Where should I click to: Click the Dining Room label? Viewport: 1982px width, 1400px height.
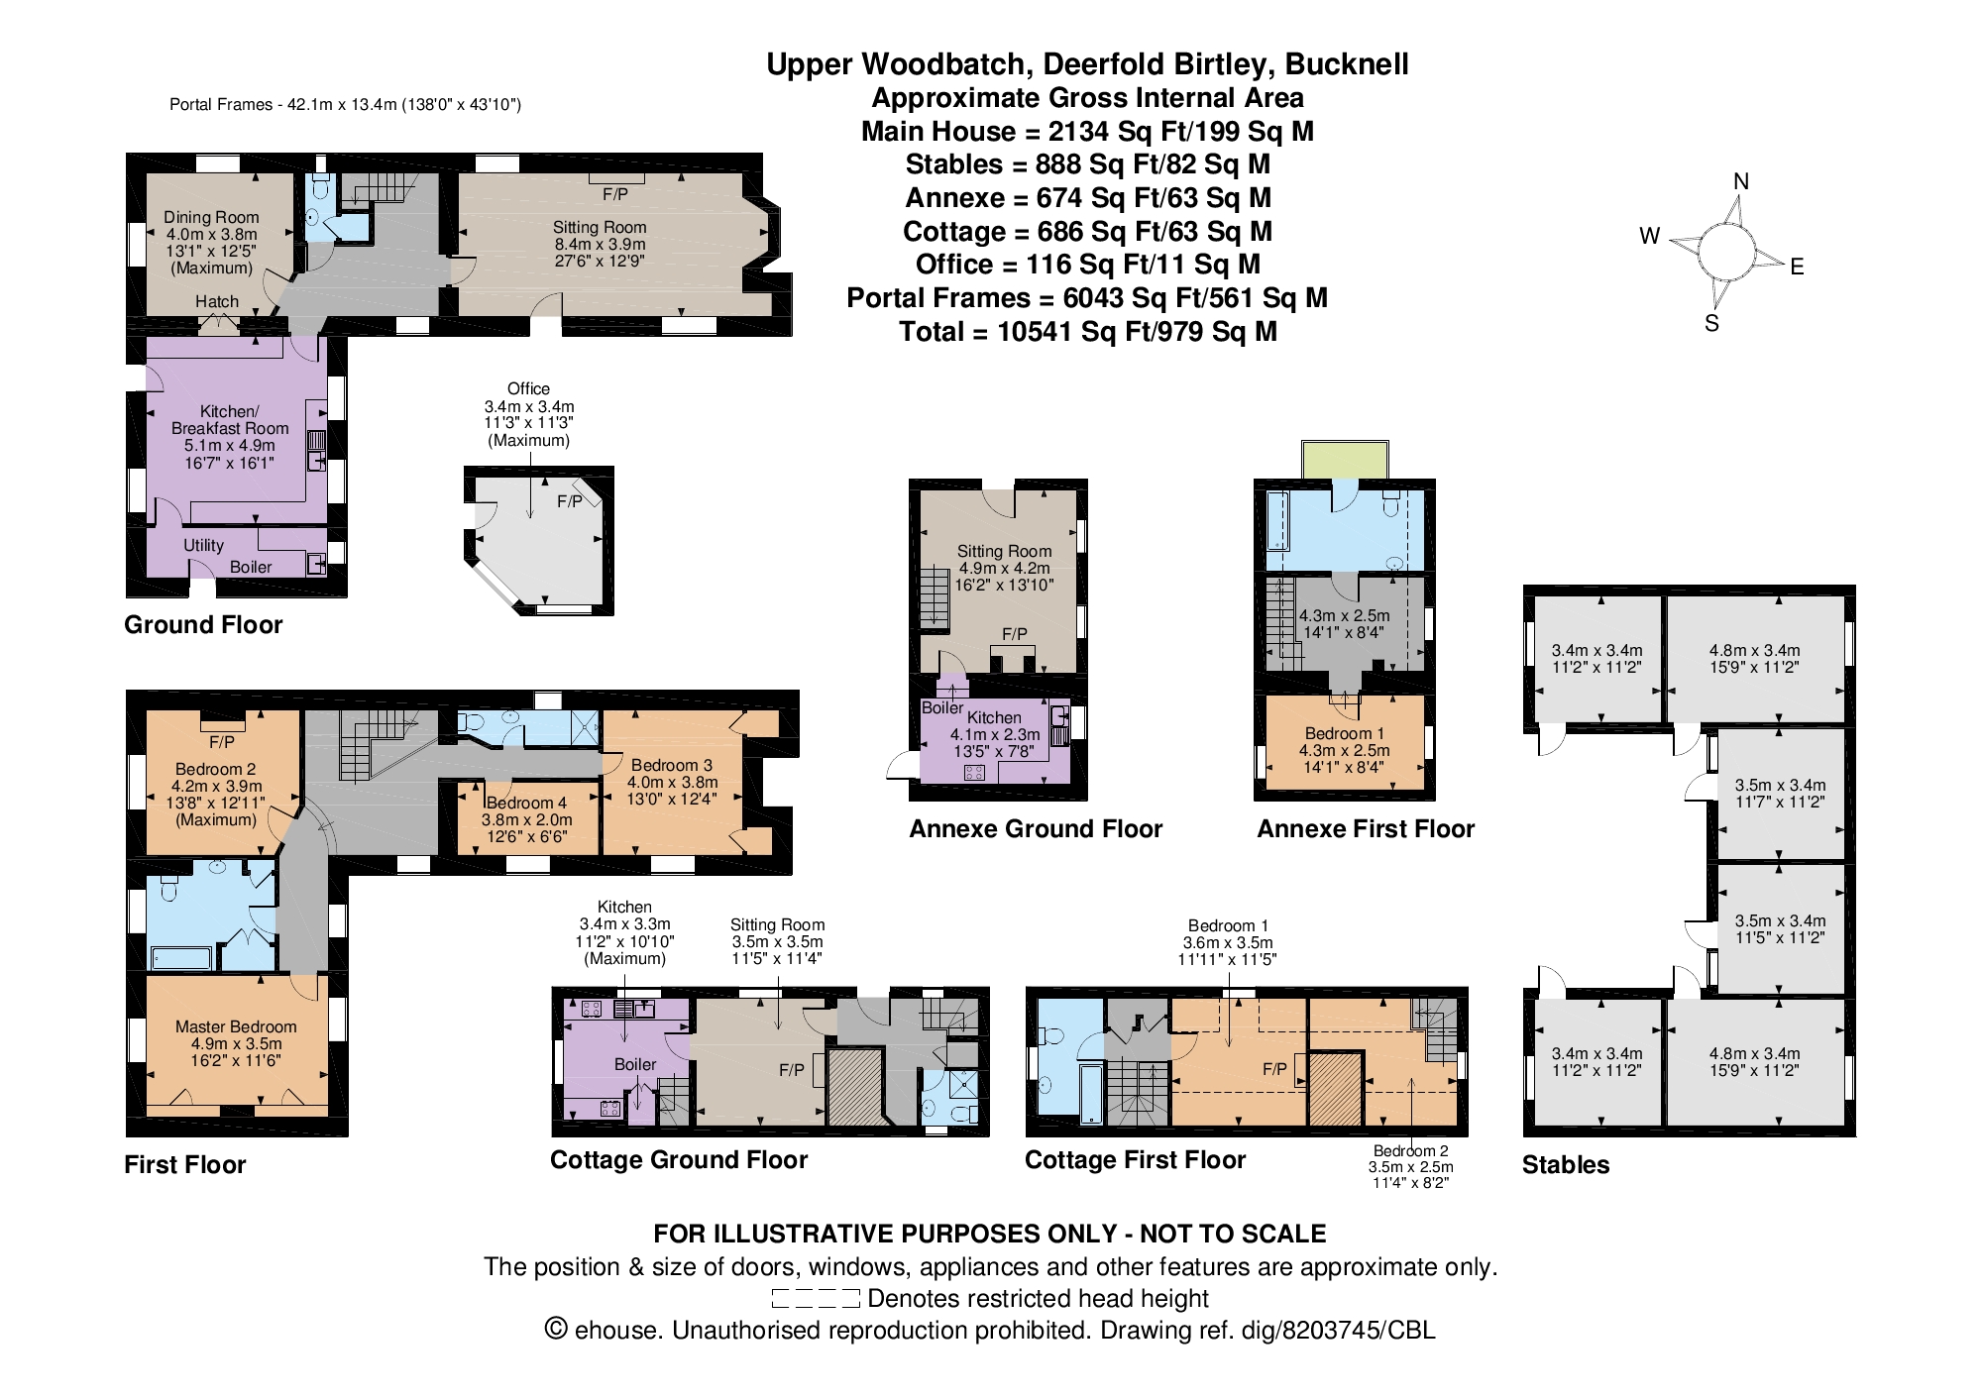click(x=211, y=217)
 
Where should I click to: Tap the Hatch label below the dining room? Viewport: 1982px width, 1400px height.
click(x=217, y=301)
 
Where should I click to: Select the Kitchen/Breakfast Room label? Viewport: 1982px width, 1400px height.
click(x=230, y=419)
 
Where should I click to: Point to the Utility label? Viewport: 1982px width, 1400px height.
click(x=203, y=545)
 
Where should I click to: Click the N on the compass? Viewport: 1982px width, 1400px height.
click(x=1741, y=181)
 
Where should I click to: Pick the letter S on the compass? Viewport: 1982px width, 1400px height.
click(x=1711, y=323)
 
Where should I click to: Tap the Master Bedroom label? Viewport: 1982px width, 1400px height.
click(x=236, y=1026)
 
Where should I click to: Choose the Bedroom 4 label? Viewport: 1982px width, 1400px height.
click(x=526, y=803)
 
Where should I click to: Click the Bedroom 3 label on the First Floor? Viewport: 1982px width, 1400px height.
click(x=672, y=765)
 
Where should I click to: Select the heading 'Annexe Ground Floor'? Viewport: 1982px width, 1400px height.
click(x=1036, y=828)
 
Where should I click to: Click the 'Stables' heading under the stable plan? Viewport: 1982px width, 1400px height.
click(x=1566, y=1164)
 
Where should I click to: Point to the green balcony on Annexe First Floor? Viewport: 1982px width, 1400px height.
click(x=1345, y=460)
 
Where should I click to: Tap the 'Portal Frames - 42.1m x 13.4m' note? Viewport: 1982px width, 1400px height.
click(x=345, y=104)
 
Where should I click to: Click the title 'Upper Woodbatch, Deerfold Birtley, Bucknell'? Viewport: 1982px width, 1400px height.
click(x=1087, y=64)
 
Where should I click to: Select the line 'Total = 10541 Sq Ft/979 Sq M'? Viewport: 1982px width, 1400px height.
click(x=1087, y=331)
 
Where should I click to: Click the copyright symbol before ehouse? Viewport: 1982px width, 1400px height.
click(x=556, y=1329)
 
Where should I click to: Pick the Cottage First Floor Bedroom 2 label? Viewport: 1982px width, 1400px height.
click(x=1410, y=1150)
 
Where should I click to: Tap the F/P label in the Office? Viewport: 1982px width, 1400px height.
click(x=569, y=501)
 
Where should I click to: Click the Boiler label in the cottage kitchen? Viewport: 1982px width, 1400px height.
click(x=635, y=1064)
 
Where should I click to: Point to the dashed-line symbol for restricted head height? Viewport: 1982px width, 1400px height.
click(x=816, y=1299)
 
